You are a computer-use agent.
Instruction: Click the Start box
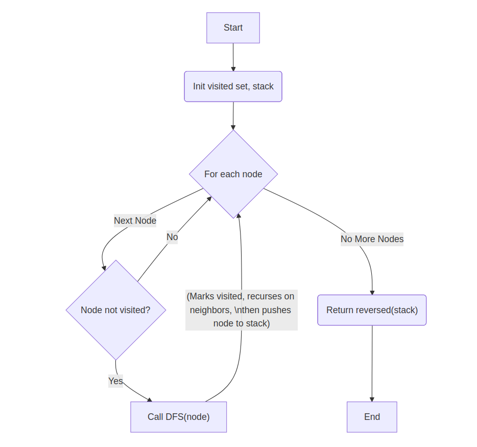point(233,28)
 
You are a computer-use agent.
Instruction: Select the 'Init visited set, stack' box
point(233,86)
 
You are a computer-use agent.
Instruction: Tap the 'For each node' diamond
point(233,174)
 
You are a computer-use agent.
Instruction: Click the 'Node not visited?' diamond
point(115,310)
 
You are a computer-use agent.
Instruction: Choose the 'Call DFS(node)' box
point(178,417)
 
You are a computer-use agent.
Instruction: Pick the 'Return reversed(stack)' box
point(372,310)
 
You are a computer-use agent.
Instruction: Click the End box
point(372,417)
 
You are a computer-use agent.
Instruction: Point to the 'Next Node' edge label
point(135,221)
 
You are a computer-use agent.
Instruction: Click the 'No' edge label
point(172,237)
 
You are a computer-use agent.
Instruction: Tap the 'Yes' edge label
point(115,381)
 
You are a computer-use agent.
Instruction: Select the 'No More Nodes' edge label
point(372,239)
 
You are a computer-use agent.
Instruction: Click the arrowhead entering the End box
point(372,399)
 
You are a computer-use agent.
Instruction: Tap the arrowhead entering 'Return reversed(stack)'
point(372,292)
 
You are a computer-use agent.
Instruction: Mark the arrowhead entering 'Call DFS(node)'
point(150,399)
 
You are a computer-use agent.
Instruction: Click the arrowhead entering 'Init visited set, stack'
point(233,68)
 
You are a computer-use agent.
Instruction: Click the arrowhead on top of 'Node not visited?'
point(104,267)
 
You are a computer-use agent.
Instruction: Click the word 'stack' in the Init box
point(263,86)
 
